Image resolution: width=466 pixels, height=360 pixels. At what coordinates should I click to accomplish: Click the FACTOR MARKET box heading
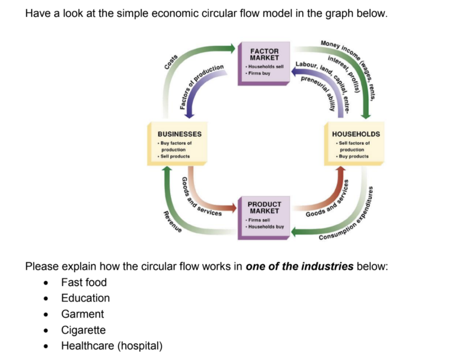[264, 54]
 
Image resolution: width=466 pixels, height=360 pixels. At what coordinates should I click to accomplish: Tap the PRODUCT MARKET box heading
[264, 207]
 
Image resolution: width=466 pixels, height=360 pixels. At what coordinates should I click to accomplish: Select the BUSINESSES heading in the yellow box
[179, 134]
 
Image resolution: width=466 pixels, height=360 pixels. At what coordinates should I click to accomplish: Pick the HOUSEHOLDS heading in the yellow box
[356, 134]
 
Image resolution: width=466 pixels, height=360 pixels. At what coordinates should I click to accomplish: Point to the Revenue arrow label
[173, 222]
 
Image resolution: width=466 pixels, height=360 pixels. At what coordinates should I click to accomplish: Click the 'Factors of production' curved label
[201, 84]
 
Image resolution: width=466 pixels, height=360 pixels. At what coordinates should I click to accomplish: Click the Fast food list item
[84, 282]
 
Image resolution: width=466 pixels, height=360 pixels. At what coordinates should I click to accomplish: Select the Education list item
[85, 298]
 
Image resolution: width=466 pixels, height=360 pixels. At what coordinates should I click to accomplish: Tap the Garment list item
[82, 314]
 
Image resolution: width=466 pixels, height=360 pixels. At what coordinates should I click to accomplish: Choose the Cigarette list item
[83, 330]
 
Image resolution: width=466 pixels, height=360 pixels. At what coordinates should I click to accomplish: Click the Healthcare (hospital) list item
[112, 346]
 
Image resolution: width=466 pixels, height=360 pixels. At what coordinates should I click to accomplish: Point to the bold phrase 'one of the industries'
[299, 266]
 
